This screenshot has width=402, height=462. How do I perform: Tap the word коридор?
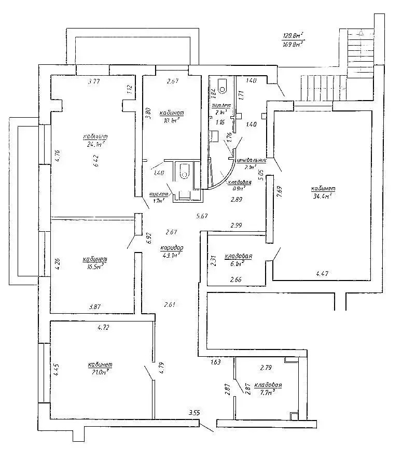click(x=172, y=248)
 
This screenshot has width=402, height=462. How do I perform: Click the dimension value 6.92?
click(x=148, y=237)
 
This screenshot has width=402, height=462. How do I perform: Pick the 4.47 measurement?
click(x=323, y=273)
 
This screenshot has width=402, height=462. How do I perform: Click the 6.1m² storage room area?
click(x=238, y=264)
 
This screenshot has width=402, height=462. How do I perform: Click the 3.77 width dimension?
click(x=94, y=81)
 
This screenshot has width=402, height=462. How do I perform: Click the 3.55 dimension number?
click(x=195, y=413)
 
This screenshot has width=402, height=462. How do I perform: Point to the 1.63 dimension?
click(x=216, y=362)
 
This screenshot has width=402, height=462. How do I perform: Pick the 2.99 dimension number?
click(x=237, y=225)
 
